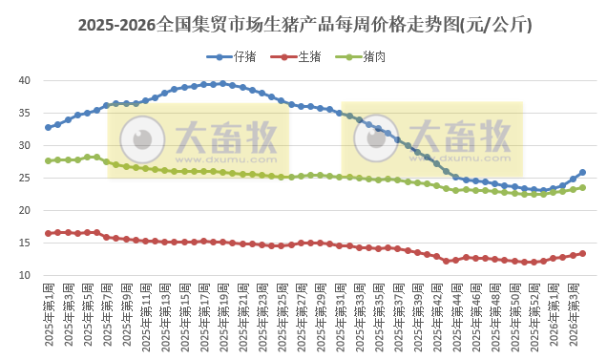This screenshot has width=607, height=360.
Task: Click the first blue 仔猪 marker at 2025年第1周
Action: click(x=49, y=127)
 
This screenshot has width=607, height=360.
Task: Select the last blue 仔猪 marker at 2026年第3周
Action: click(x=582, y=173)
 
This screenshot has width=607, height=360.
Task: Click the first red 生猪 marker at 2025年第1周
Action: click(x=49, y=233)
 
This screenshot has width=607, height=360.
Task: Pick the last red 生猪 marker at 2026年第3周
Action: click(x=582, y=254)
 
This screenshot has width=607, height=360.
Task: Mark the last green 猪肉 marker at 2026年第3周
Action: click(x=582, y=187)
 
